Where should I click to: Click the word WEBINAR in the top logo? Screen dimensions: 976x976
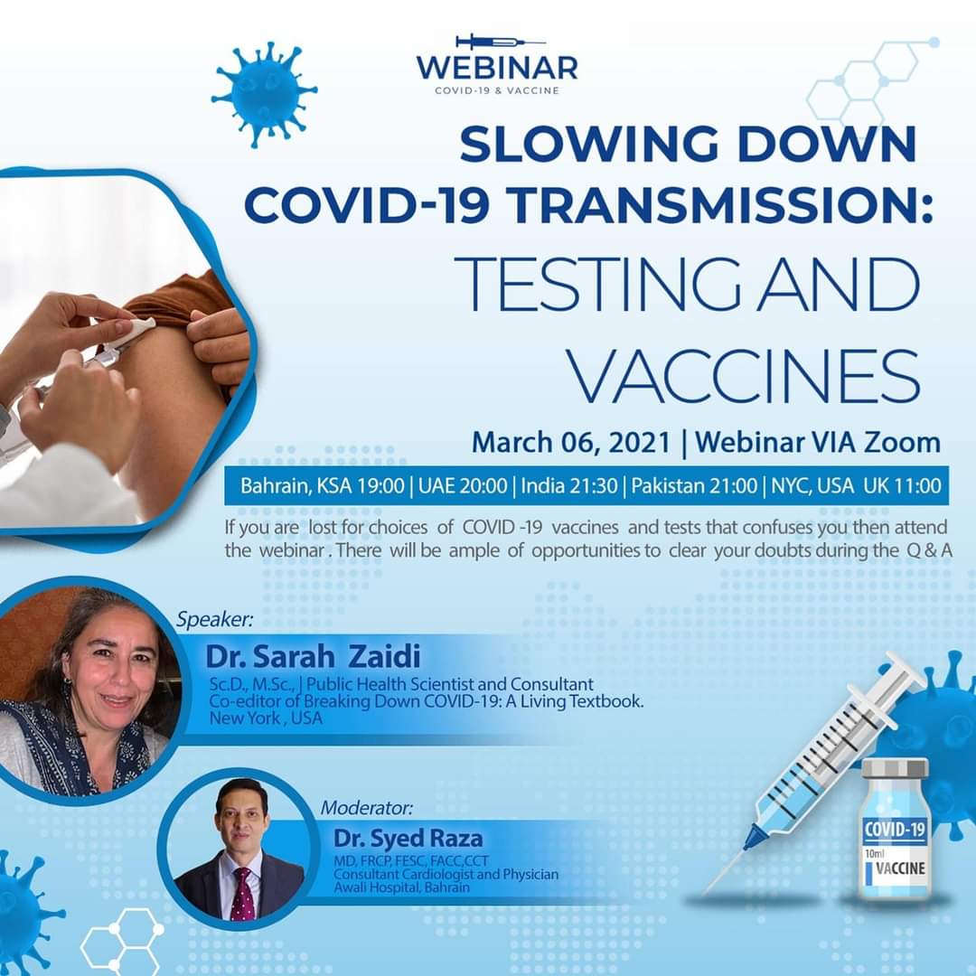497,67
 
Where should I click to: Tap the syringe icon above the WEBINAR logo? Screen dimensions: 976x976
501,42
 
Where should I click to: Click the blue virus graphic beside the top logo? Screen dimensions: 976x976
265,95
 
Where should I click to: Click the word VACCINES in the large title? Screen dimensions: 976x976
743,377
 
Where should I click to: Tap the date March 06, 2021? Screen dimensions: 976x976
571,443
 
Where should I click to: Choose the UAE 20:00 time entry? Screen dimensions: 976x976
463,485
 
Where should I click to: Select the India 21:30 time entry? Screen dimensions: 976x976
569,485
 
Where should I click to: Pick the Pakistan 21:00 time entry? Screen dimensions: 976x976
694,485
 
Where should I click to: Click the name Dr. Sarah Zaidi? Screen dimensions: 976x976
313,656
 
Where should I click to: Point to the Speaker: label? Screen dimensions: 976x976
215,620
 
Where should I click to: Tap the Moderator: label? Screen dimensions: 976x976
367,808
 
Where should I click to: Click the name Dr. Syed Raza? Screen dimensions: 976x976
408,839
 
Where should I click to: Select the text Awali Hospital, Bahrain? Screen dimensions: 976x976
401,887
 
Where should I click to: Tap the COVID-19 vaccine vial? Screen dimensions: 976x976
895,829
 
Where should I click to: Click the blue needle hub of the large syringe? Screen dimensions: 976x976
755,836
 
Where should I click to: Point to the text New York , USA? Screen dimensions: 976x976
266,718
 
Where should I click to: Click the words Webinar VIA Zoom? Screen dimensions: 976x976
817,443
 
